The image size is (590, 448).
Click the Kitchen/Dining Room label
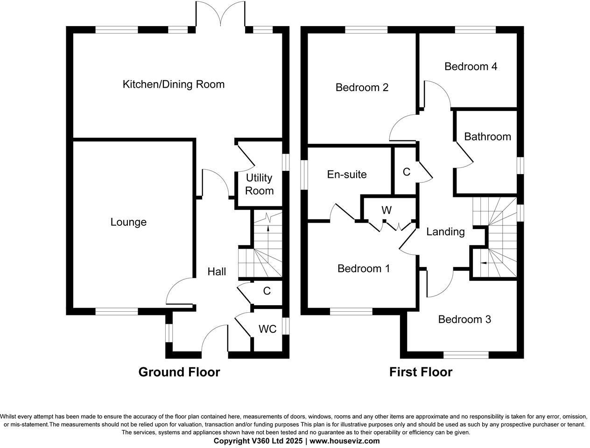[x=173, y=84]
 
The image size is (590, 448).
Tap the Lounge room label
[x=128, y=222]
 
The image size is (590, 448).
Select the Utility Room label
[x=259, y=184]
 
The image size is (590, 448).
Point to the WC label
[x=267, y=329]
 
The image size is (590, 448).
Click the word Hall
[x=217, y=272]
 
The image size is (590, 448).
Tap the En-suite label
[x=347, y=175]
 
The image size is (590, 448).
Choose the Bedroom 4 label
[x=471, y=66]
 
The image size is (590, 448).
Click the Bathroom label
[x=487, y=137]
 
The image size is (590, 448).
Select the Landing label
[x=445, y=231]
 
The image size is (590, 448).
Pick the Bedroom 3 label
[x=464, y=320]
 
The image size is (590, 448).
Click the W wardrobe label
[x=386, y=210]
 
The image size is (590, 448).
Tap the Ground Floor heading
[x=179, y=372]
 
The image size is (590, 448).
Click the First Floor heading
[x=421, y=372]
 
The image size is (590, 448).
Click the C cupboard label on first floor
[x=406, y=172]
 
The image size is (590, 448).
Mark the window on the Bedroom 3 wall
[x=466, y=355]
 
